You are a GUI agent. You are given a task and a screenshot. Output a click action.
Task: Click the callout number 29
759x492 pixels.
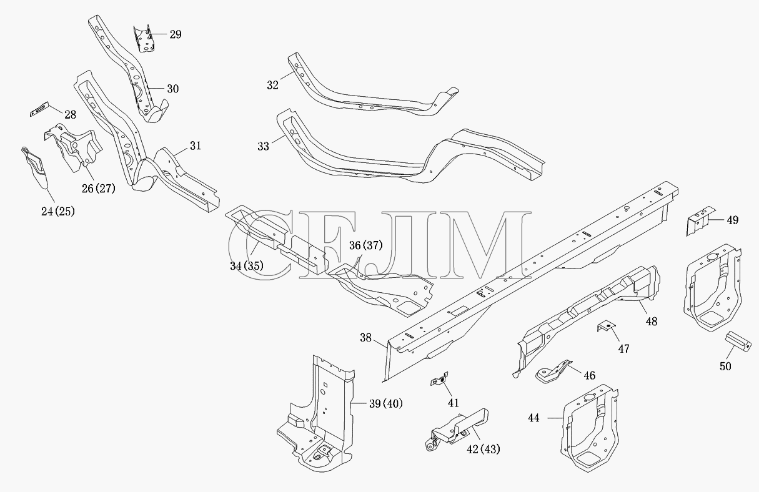point(176,34)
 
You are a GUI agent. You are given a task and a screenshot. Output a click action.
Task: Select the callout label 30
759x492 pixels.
point(173,89)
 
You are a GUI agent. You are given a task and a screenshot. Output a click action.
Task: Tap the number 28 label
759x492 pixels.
point(70,115)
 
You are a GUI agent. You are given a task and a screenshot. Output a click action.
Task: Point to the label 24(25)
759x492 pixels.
point(58,212)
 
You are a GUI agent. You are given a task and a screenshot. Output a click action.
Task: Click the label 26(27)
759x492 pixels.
point(99,189)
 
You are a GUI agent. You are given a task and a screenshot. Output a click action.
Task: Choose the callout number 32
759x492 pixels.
point(272,86)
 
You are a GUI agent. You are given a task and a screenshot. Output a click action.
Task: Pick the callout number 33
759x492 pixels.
point(263,147)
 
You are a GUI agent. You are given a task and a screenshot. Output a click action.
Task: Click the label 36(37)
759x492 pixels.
point(366,245)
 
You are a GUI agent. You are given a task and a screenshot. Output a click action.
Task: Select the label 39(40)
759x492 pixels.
point(386,403)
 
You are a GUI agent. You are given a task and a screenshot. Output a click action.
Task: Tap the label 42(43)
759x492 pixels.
point(484,450)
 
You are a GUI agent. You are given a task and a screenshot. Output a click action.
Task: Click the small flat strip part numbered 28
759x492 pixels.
point(39,109)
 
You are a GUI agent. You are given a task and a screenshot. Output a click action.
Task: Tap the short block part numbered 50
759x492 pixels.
point(738,342)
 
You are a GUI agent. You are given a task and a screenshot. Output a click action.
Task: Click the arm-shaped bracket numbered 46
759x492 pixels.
point(553,371)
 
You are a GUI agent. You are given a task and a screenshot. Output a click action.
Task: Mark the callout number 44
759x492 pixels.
point(533,418)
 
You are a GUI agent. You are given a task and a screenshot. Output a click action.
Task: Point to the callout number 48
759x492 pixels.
point(652,322)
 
